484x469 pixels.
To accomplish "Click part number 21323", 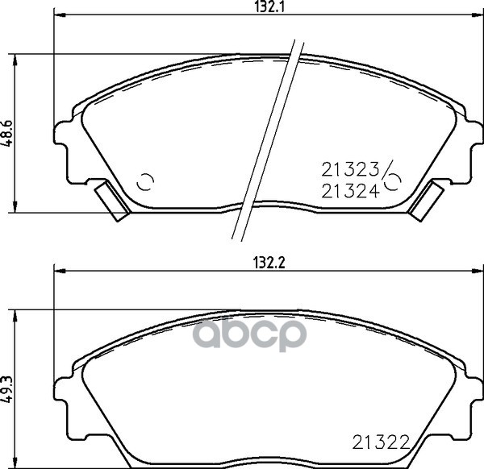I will tap(351, 170).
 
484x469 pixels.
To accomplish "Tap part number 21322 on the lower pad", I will tap(381, 442).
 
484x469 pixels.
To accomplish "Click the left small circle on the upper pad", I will tap(145, 181).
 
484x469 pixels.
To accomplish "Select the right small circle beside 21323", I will tap(395, 181).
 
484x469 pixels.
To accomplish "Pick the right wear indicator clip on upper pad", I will tap(426, 201).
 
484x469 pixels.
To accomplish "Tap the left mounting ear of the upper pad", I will tap(67, 149).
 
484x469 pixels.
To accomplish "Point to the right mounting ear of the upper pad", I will tap(472, 149).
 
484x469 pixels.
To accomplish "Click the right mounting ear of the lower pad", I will tap(472, 399).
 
